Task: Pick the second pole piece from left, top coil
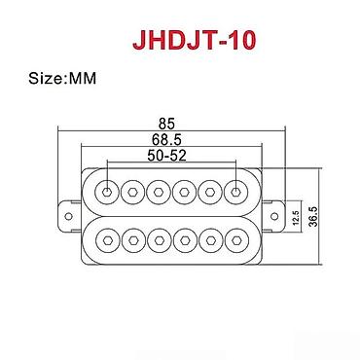pos(131,189)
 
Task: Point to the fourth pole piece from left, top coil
pos(185,189)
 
